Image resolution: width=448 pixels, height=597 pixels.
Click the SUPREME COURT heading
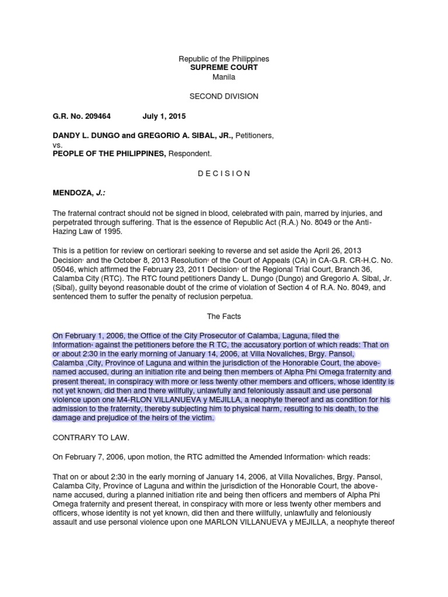[224, 68]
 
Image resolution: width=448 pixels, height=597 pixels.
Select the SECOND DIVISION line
[224, 96]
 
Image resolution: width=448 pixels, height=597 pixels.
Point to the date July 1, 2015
[162, 116]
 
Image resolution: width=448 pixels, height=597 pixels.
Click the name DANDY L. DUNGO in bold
[86, 136]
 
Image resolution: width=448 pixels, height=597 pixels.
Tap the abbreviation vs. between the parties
[57, 145]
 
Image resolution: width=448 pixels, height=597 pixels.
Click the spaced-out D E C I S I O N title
[224, 173]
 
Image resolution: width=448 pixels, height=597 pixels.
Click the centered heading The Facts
[224, 316]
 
